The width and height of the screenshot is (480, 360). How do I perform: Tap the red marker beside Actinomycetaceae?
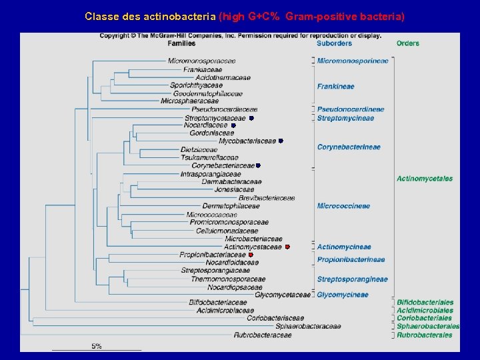click(x=287, y=247)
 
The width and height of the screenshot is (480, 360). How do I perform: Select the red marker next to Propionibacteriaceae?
click(x=251, y=255)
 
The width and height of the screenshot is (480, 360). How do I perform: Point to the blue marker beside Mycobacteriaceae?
click(x=281, y=141)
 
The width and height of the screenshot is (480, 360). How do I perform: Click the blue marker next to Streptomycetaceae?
click(x=251, y=118)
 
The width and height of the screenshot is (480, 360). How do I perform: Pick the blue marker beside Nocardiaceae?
click(x=233, y=125)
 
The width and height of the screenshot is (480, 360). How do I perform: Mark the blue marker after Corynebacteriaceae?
click(x=258, y=165)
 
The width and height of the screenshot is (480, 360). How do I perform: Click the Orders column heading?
click(x=407, y=43)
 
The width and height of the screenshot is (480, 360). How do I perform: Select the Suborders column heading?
click(x=334, y=43)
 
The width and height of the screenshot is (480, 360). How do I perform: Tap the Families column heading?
click(x=181, y=43)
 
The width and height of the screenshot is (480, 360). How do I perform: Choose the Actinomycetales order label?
click(x=425, y=178)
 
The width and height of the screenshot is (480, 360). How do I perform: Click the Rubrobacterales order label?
click(x=425, y=335)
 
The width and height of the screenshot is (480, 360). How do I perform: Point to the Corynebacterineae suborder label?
click(x=349, y=147)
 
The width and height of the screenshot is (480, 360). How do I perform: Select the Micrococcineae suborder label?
click(x=343, y=206)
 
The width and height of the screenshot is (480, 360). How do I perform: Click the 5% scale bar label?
click(x=97, y=345)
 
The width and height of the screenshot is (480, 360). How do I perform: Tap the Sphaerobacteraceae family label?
click(x=308, y=327)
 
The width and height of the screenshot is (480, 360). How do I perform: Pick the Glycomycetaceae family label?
click(x=283, y=295)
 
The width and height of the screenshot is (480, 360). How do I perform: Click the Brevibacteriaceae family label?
click(x=267, y=198)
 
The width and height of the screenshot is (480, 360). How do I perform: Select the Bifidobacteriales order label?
click(x=425, y=303)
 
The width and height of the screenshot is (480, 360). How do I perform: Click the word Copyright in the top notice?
click(x=115, y=35)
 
